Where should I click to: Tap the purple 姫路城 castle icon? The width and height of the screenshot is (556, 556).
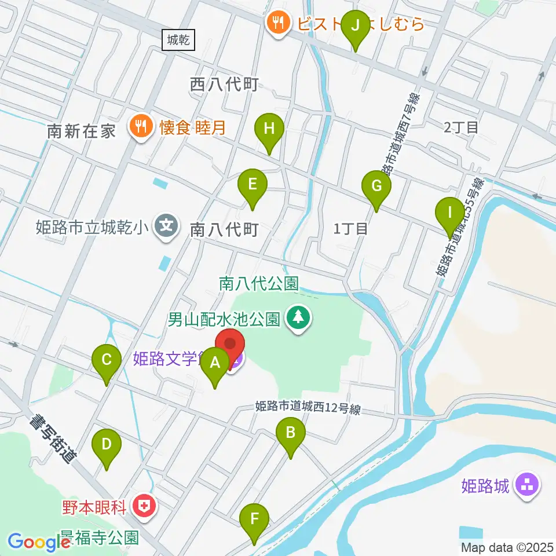[x=528, y=484]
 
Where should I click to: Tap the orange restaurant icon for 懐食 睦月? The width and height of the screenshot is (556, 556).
[x=141, y=126]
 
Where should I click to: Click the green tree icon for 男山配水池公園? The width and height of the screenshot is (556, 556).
[x=299, y=318]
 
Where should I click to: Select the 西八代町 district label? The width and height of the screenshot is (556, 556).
[x=224, y=85]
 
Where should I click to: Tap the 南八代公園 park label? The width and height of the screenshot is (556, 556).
[x=258, y=283]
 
